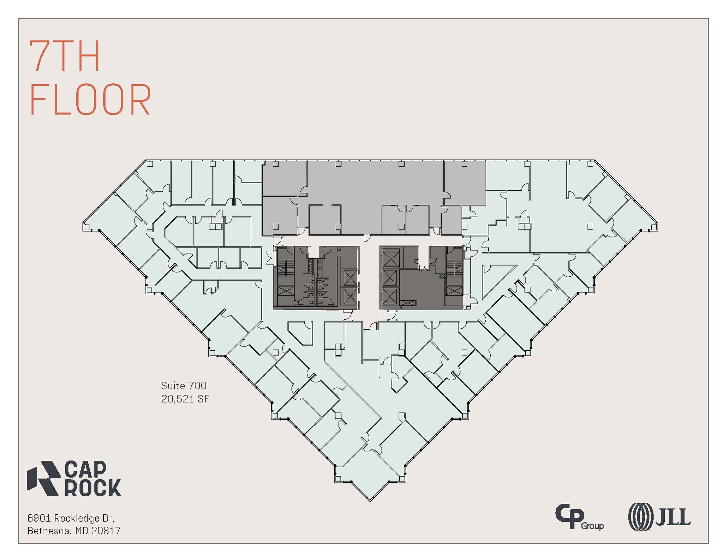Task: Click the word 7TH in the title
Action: click(65, 56)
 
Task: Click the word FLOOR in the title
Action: click(90, 100)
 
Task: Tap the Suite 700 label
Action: click(184, 386)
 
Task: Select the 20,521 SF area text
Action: click(185, 399)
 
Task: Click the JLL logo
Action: click(659, 517)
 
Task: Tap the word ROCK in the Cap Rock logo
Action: click(93, 488)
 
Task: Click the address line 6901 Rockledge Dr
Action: click(71, 518)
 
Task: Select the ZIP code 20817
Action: click(106, 531)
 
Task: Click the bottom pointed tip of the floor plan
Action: click(370, 500)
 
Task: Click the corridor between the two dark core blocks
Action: click(369, 278)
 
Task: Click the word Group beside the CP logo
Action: click(592, 526)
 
